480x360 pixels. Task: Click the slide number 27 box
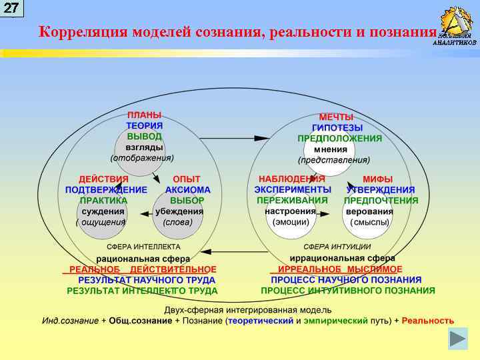[12, 8]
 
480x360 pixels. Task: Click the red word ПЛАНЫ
[144, 115]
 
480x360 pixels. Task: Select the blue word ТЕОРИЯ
[144, 126]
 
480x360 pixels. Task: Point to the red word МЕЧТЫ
[336, 117]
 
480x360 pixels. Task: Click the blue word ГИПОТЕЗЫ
[337, 127]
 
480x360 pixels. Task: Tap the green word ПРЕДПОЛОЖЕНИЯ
[339, 139]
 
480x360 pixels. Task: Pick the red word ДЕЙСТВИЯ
[103, 179]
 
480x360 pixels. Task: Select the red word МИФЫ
[377, 179]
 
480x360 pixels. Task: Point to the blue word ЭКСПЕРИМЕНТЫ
[293, 190]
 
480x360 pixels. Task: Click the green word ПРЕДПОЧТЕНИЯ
[381, 201]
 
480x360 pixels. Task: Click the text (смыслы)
[370, 222]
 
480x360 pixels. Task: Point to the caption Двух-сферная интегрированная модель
[248, 311]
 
